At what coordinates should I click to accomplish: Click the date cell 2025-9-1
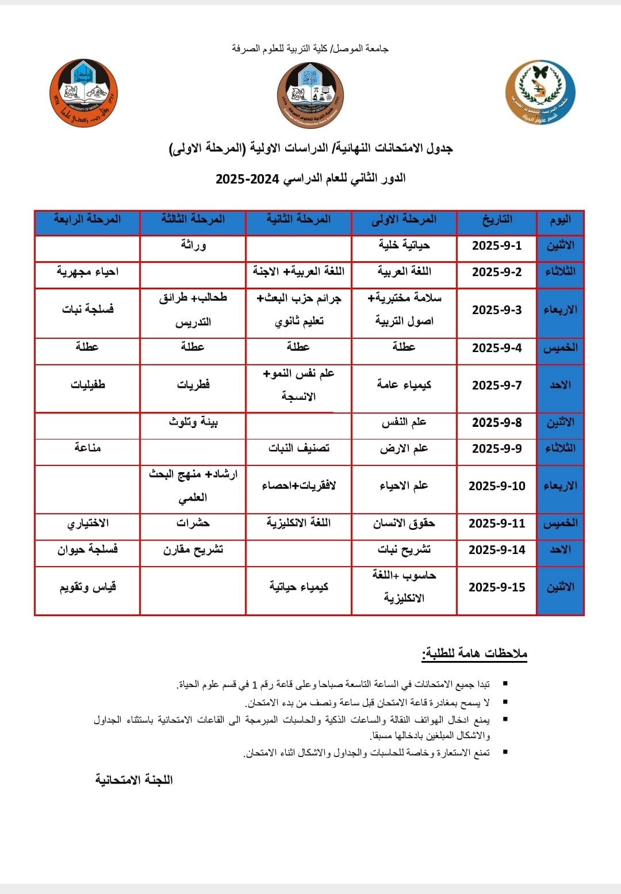click(497, 246)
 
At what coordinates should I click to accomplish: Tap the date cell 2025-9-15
click(497, 587)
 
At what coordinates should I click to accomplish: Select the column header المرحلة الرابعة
click(87, 219)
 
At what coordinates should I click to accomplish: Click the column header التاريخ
click(497, 220)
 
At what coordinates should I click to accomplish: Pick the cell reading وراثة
click(193, 246)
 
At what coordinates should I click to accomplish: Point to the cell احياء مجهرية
click(87, 272)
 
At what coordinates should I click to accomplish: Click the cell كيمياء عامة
click(404, 385)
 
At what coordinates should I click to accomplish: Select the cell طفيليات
click(87, 385)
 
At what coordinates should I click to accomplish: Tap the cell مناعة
click(87, 448)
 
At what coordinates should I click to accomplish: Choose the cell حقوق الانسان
click(404, 523)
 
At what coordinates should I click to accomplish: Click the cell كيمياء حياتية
click(298, 587)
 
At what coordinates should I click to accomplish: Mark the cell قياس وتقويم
click(87, 587)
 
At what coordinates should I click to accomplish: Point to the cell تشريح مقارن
click(193, 549)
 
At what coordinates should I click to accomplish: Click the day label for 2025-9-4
click(560, 347)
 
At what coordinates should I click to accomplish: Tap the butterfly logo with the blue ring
click(540, 93)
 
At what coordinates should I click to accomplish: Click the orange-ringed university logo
click(84, 93)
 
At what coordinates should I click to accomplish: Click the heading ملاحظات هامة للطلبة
click(474, 654)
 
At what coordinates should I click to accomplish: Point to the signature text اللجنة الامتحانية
click(134, 780)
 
